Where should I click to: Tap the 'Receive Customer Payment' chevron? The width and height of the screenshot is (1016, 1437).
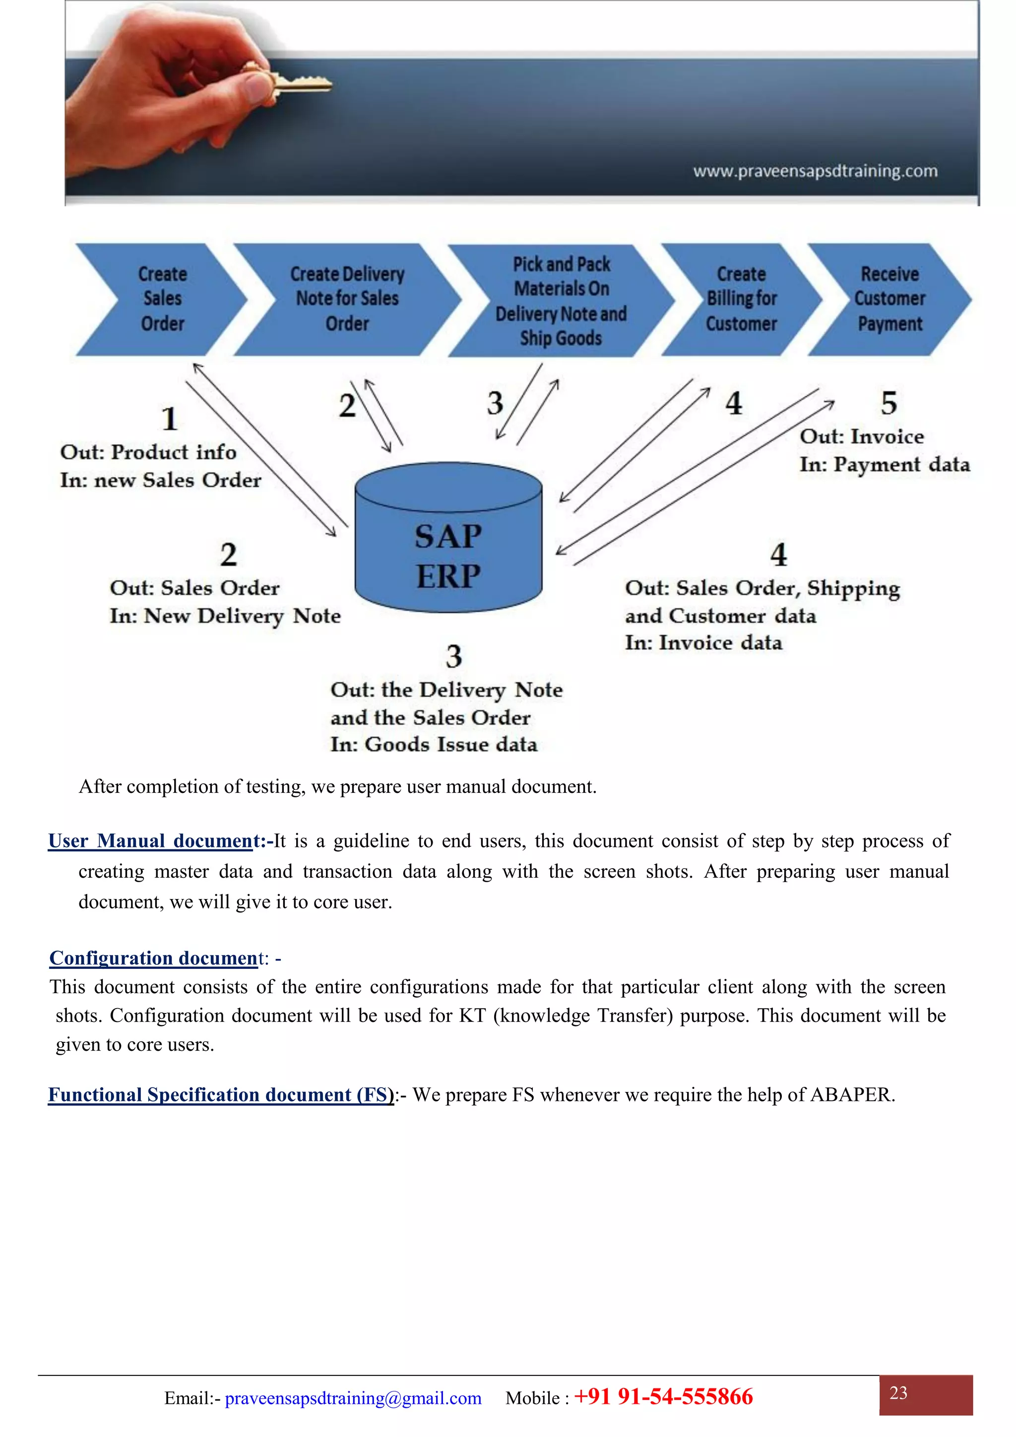click(889, 299)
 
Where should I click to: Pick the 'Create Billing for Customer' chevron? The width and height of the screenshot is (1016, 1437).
click(741, 299)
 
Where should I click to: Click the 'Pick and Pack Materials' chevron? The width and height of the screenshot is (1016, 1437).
click(561, 300)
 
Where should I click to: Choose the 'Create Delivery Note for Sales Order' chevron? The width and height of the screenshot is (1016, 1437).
click(347, 299)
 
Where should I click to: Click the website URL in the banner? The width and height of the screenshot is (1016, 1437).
click(815, 171)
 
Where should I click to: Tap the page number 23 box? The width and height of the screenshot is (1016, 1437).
click(925, 1394)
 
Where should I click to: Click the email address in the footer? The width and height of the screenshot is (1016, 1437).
click(353, 1398)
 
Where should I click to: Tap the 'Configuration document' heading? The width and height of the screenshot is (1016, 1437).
click(153, 958)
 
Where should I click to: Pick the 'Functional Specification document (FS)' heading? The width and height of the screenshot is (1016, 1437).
click(221, 1095)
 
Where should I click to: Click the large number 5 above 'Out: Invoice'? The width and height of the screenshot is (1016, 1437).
click(889, 403)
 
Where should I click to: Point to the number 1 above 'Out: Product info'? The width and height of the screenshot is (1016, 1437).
click(170, 419)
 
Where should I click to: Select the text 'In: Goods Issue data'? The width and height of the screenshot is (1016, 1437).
click(434, 745)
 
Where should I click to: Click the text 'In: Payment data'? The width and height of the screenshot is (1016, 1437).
click(884, 465)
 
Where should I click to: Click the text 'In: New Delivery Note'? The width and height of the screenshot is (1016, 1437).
click(225, 616)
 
